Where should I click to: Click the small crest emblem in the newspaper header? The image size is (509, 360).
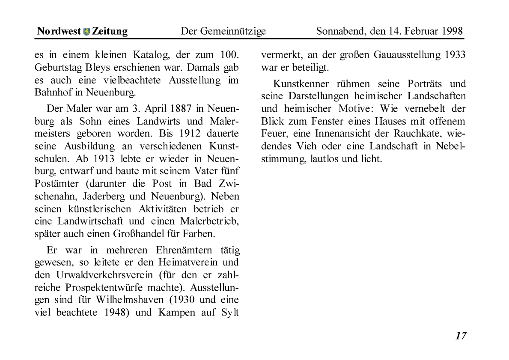pos(87,31)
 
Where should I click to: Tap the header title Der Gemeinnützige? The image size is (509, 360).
pos(223,31)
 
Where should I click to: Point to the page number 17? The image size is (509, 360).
pos(461,336)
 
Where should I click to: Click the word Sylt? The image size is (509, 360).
pos(230,312)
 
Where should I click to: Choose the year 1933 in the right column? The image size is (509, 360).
pos(455,55)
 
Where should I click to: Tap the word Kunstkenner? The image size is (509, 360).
pos(302,83)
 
